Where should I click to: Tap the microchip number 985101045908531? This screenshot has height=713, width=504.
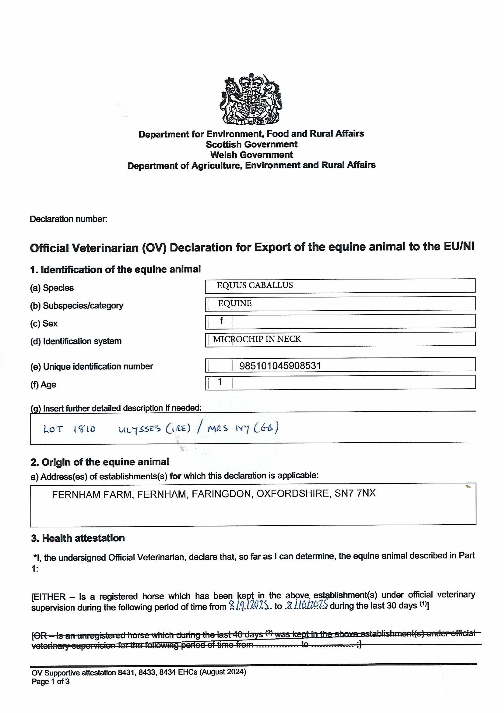point(280,366)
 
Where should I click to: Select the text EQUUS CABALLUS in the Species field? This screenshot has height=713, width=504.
point(254,285)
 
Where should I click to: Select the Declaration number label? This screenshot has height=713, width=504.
point(69,219)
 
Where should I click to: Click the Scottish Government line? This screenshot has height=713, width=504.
point(251,144)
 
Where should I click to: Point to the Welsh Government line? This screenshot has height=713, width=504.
point(251,155)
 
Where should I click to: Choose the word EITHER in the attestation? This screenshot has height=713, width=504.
point(50,597)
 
